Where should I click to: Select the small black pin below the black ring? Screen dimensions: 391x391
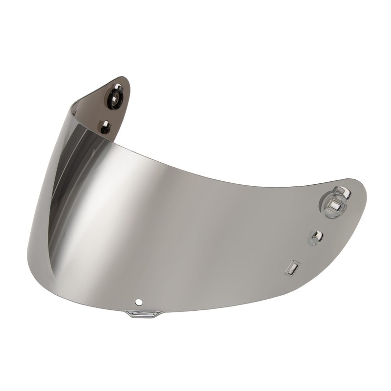(105, 129)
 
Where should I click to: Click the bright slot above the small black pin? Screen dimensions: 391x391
(105, 123)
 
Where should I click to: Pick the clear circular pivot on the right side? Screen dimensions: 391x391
(334, 201)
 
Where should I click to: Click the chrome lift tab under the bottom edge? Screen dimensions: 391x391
(143, 313)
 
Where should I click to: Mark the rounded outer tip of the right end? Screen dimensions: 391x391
(364, 188)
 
